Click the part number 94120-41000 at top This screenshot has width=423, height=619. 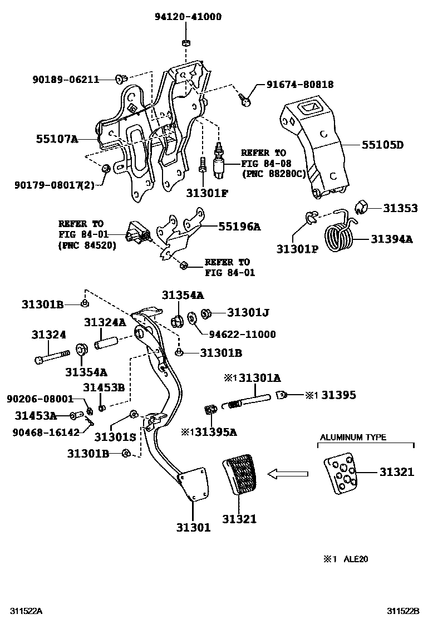pos(188,17)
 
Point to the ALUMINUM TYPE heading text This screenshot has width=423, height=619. pos(353,438)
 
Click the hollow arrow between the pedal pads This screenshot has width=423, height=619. pos(288,474)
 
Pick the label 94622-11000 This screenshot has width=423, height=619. pos(242,334)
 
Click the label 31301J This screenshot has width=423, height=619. pos(248,313)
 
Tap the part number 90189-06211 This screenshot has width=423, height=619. pos(65,80)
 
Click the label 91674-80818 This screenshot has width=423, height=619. pos(299,85)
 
